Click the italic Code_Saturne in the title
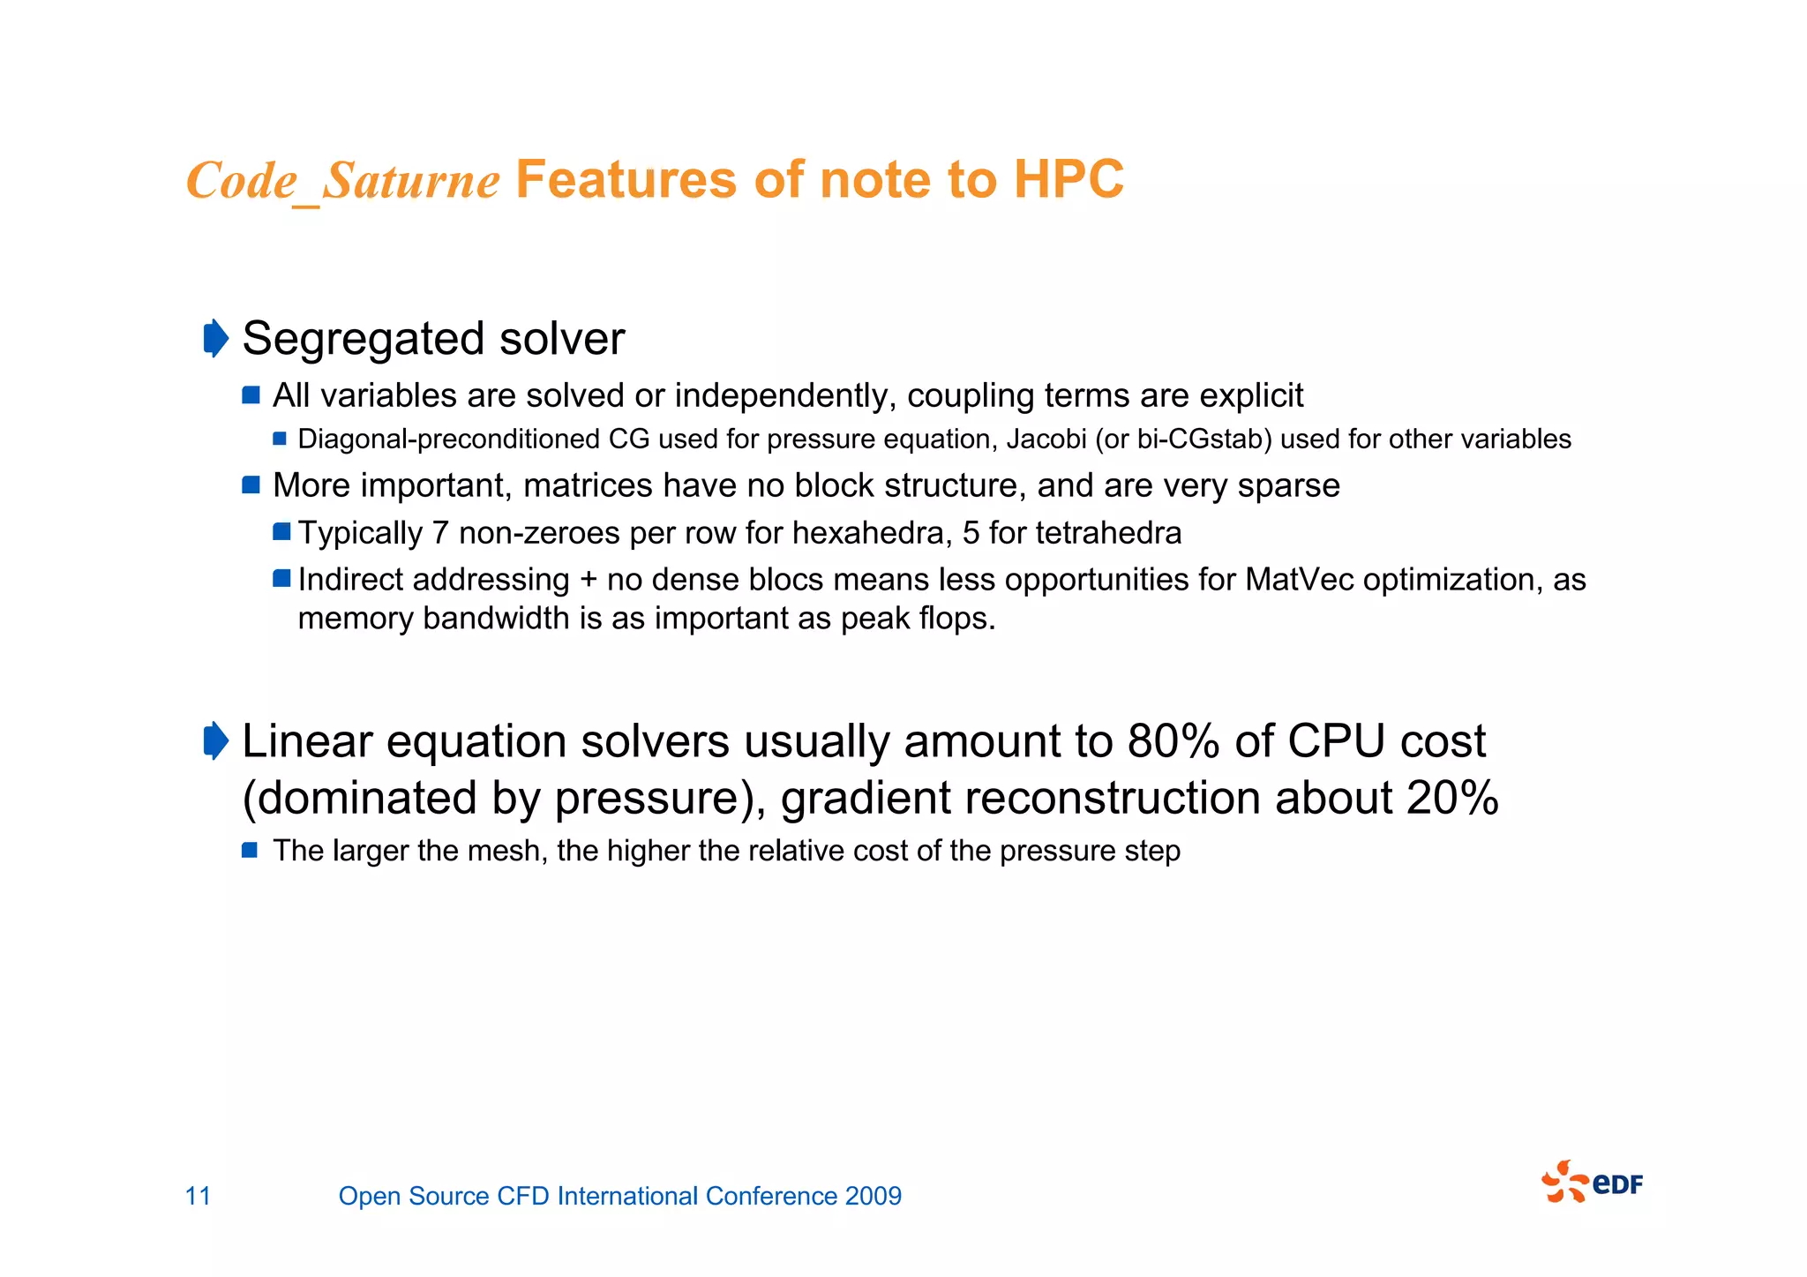click(342, 181)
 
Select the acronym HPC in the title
click(1068, 179)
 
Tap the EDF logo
click(1592, 1182)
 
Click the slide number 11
click(198, 1196)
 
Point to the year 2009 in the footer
click(873, 1196)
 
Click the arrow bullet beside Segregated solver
click(215, 339)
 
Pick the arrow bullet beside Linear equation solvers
click(215, 740)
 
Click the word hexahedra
click(872, 533)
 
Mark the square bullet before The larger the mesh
click(250, 850)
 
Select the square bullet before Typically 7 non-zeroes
click(281, 531)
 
